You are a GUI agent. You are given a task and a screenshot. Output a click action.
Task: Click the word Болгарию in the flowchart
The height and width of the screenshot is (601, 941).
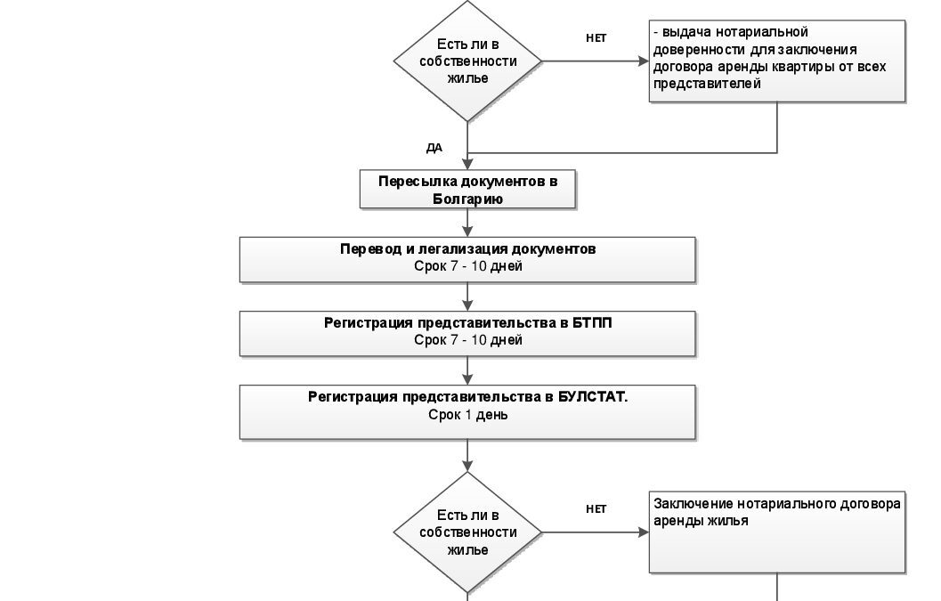(467, 199)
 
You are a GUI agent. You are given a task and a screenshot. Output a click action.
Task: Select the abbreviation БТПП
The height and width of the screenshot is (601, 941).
(592, 323)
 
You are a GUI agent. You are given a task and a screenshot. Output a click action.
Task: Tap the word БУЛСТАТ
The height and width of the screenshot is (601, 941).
(593, 397)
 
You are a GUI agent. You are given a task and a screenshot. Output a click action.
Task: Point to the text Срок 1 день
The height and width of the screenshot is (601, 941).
(468, 415)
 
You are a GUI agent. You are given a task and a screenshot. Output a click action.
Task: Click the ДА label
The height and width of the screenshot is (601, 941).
(434, 148)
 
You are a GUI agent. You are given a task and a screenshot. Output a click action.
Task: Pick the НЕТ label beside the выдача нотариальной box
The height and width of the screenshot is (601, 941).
(596, 37)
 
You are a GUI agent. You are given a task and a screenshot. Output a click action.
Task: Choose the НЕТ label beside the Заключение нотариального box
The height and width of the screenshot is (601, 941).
(596, 509)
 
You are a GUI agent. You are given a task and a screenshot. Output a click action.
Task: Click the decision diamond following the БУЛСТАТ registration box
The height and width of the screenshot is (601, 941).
(467, 532)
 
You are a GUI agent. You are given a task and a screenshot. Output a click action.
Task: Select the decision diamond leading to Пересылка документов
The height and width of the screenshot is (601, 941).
(467, 61)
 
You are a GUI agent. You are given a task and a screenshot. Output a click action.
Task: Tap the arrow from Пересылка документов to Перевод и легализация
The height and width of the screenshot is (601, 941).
(467, 223)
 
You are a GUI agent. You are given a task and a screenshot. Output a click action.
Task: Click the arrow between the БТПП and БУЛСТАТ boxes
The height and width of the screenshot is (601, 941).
(467, 371)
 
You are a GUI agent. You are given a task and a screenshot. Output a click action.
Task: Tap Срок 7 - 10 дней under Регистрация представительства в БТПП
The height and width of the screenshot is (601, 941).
(468, 340)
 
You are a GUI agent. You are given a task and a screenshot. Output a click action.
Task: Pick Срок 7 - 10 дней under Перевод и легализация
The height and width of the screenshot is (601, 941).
(468, 266)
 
